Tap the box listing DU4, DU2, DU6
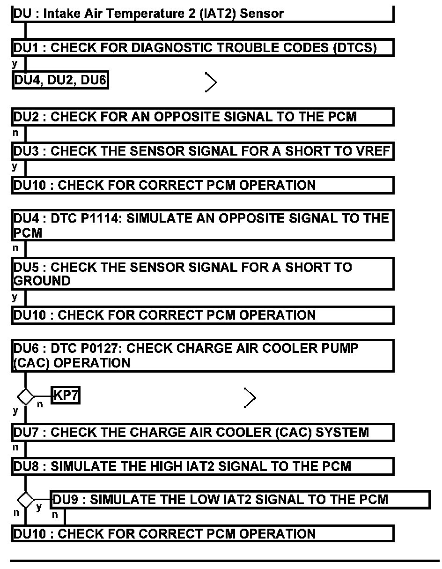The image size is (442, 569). tap(60, 81)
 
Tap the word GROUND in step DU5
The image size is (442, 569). tap(42, 281)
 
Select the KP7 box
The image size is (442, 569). tap(66, 396)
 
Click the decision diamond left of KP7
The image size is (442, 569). tap(25, 397)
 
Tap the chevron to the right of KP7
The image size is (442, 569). tap(250, 398)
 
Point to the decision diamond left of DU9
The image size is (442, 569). tap(26, 500)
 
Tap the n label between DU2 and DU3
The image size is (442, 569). tap(16, 133)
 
